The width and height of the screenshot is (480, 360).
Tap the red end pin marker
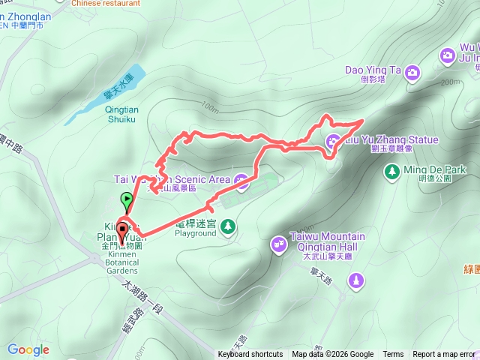coord(121,227)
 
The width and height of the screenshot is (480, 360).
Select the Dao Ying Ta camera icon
coord(412,72)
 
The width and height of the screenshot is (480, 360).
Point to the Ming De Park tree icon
coord(391,172)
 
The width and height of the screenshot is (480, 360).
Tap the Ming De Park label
coord(434,169)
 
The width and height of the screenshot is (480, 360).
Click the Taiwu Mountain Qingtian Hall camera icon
coord(279,242)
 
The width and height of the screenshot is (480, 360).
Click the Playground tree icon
coord(227,226)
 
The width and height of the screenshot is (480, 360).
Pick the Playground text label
coord(195,232)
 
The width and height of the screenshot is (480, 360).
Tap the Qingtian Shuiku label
coord(121,112)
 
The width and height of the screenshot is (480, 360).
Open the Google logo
coord(28,349)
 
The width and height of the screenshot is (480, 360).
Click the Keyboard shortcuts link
coord(250,355)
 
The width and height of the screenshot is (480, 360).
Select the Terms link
coord(393,355)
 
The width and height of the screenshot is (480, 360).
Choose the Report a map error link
coord(444,355)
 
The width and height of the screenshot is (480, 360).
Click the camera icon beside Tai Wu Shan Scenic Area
coord(241,179)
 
